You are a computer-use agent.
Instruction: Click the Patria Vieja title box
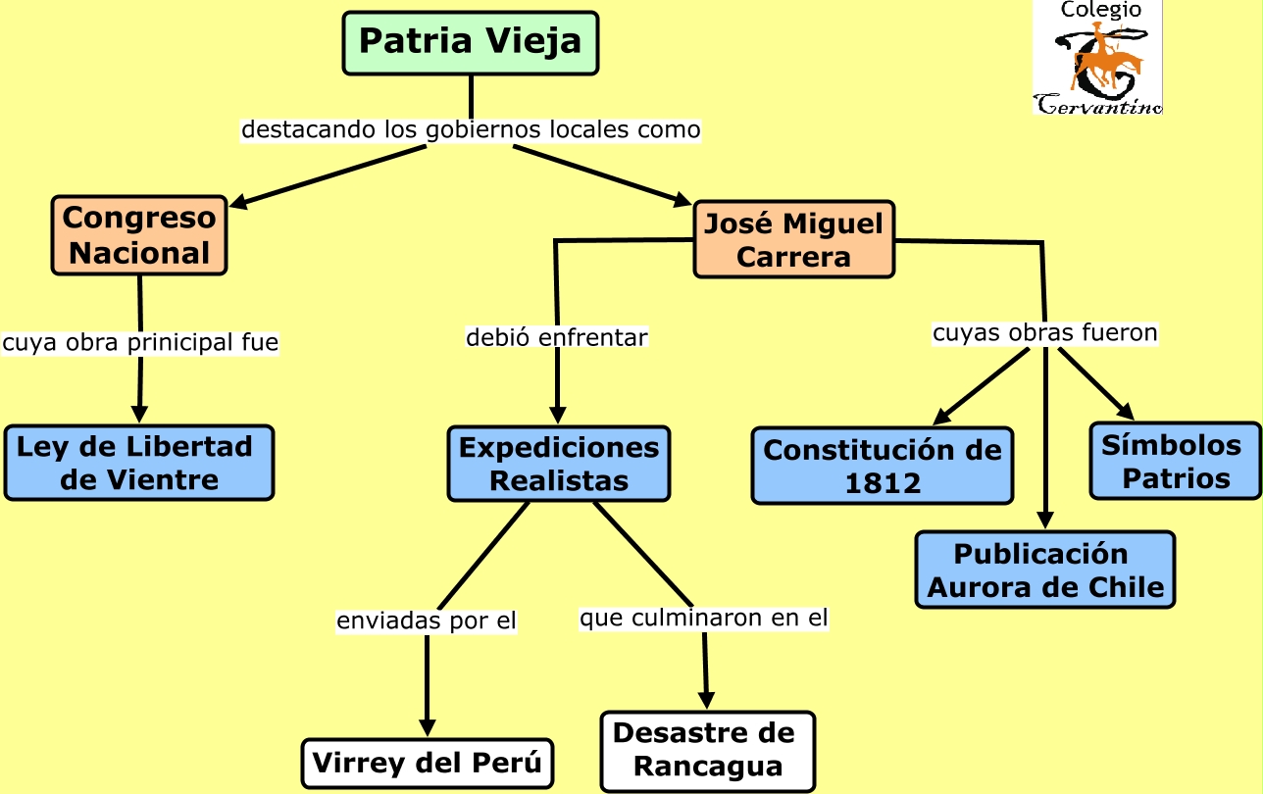tap(471, 43)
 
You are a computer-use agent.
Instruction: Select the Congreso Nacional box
tap(139, 235)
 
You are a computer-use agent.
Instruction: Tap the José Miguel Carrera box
tap(794, 239)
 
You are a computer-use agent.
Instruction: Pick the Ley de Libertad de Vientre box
tap(139, 463)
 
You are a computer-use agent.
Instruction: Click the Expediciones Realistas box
tap(559, 464)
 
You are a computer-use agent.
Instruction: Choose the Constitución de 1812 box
tap(883, 466)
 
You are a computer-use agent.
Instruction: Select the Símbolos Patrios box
tap(1176, 461)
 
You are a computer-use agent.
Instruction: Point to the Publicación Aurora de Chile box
tap(1045, 570)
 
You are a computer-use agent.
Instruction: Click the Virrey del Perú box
tap(428, 763)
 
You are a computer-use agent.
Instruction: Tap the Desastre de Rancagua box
tap(708, 752)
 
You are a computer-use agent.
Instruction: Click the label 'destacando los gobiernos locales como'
tap(471, 130)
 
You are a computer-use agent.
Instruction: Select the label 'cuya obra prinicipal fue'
tap(140, 343)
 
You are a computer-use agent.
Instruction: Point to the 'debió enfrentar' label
tap(557, 337)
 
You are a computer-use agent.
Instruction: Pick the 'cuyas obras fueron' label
tap(1044, 333)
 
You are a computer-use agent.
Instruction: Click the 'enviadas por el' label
tap(427, 621)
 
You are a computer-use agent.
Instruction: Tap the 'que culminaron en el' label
tap(704, 619)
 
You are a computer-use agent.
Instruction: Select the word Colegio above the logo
tap(1100, 10)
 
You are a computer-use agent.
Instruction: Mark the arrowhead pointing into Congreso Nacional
tap(238, 202)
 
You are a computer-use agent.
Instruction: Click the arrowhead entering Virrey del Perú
tap(428, 728)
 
